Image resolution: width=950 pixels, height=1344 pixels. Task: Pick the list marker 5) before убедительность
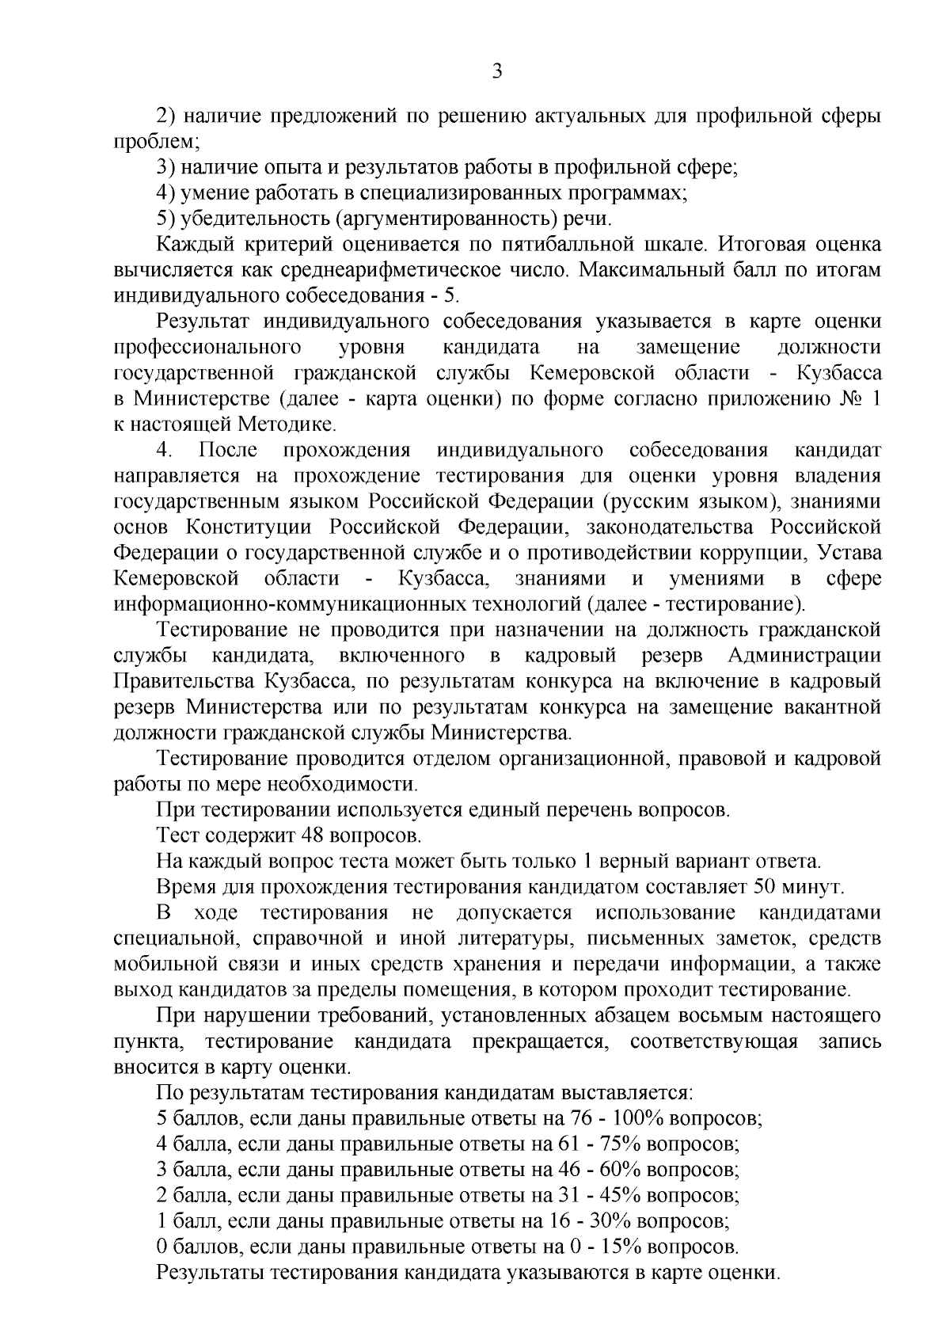[167, 219]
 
